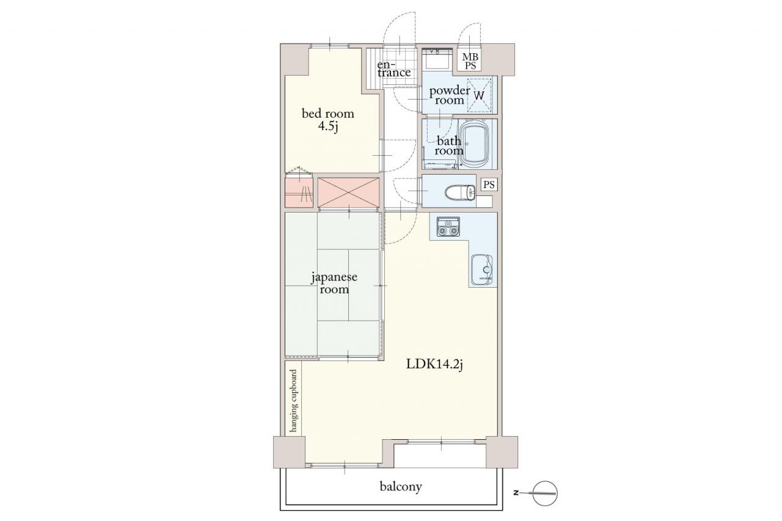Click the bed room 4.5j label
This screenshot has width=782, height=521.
(328, 120)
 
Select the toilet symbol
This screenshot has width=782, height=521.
(461, 192)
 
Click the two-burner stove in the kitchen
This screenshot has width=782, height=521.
(448, 227)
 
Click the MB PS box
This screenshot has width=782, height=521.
(470, 61)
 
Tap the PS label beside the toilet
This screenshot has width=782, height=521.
(489, 184)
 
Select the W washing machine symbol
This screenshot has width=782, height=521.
(479, 95)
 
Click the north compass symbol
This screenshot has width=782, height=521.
(544, 493)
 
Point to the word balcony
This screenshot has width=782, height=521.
(401, 486)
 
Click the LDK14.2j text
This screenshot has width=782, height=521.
(434, 365)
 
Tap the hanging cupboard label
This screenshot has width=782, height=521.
(294, 401)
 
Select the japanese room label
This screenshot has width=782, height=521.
(334, 283)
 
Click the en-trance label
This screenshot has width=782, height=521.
(394, 69)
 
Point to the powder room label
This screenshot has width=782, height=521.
(449, 95)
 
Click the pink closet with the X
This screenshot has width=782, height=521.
(348, 192)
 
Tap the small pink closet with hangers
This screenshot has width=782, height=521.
(299, 192)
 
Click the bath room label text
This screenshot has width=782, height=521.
(449, 146)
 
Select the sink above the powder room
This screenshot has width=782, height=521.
(437, 60)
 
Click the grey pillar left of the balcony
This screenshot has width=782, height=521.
(289, 452)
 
